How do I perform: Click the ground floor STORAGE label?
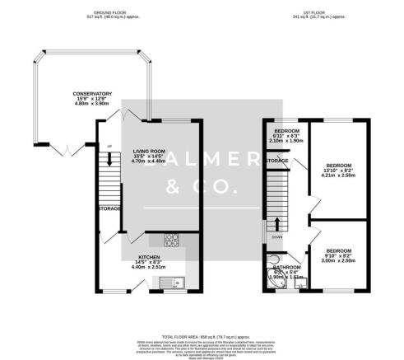[x=109, y=208]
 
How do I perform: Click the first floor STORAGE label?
[x=276, y=171]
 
